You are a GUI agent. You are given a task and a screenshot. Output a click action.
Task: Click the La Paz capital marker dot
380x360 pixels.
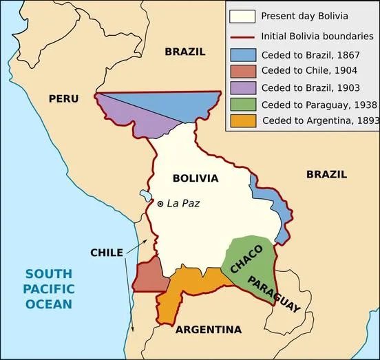(x=160, y=204)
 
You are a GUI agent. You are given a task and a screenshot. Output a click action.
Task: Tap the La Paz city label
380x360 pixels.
(x=182, y=204)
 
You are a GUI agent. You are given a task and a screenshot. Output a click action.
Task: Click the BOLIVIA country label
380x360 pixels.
(x=196, y=178)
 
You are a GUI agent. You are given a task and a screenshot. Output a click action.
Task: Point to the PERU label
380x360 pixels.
(x=63, y=98)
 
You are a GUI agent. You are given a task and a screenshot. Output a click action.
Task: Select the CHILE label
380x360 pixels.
(x=107, y=253)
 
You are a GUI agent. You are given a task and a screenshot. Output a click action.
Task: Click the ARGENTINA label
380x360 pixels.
(x=208, y=330)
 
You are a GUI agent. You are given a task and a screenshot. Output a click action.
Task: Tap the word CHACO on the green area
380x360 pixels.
(x=246, y=260)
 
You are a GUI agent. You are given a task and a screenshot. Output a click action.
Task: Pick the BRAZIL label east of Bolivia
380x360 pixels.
(x=327, y=174)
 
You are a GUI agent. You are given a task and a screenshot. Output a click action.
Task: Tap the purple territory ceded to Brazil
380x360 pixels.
(x=138, y=117)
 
